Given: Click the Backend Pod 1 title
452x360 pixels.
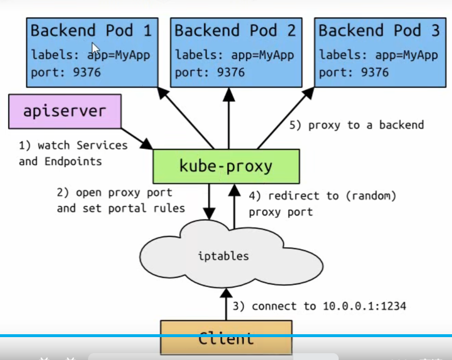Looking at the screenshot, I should [91, 31].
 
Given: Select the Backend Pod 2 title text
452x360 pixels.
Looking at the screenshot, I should [235, 31].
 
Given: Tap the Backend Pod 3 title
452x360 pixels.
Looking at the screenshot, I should [379, 31].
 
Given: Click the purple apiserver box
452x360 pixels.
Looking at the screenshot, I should [64, 111].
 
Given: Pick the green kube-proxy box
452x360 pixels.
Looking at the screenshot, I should [226, 166].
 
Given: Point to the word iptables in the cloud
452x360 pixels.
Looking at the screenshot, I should [224, 256].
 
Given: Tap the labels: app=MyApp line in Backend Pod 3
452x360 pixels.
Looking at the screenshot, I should [379, 54].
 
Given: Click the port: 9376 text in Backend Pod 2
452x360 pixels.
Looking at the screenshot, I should [210, 73].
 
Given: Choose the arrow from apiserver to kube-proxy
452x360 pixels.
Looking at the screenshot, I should [137, 138].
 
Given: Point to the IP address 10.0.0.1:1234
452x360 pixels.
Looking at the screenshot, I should [364, 306].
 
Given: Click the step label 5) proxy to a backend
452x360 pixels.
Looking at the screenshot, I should [357, 125].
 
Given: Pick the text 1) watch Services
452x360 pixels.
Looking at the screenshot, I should [73, 145].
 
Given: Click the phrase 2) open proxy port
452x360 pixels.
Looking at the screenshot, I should [114, 192].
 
